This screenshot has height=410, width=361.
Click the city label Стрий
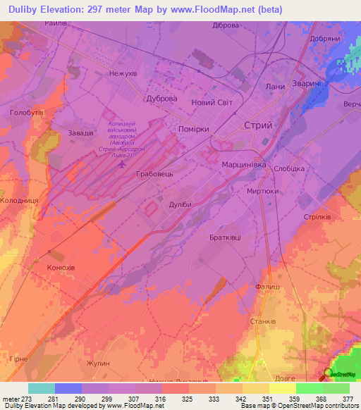pos(257,125)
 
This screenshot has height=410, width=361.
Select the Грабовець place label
pos(154,172)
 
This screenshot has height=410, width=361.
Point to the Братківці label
pos(224,237)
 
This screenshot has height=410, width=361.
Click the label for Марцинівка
pos(244,164)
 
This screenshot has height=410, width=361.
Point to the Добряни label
pos(325,38)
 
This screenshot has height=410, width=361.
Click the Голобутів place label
pos(27,112)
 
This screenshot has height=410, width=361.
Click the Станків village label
pos(262,325)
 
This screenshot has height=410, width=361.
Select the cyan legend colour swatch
pos(41,388)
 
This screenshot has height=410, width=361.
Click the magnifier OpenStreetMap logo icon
pos(329,373)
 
